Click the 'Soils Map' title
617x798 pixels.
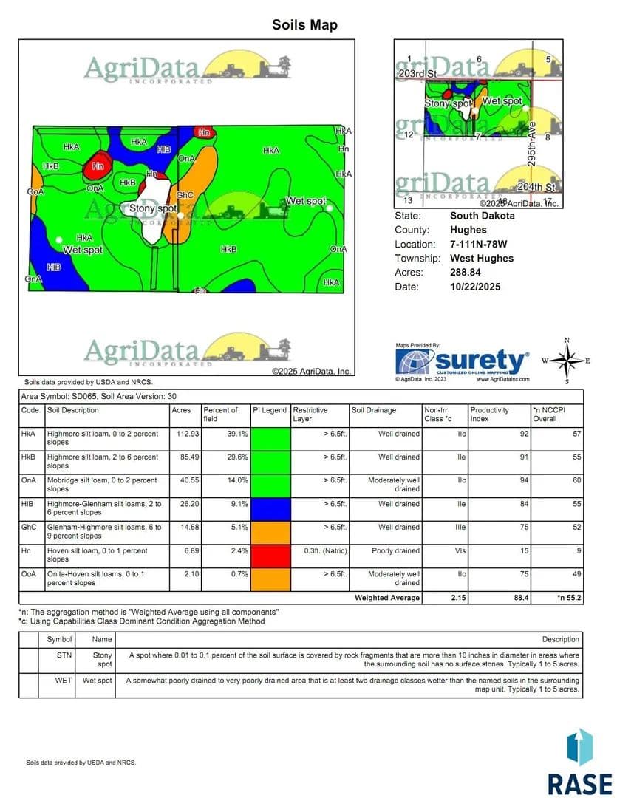(x=304, y=25)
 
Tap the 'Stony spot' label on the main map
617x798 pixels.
(x=153, y=209)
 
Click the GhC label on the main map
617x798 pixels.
(x=185, y=195)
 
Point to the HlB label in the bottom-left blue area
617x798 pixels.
(x=53, y=267)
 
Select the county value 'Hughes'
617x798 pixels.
(x=468, y=230)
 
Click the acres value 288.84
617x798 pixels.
(x=466, y=273)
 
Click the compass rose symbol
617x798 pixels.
(x=567, y=361)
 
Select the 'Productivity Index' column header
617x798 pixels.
(x=488, y=415)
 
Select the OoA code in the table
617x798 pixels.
(x=30, y=574)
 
